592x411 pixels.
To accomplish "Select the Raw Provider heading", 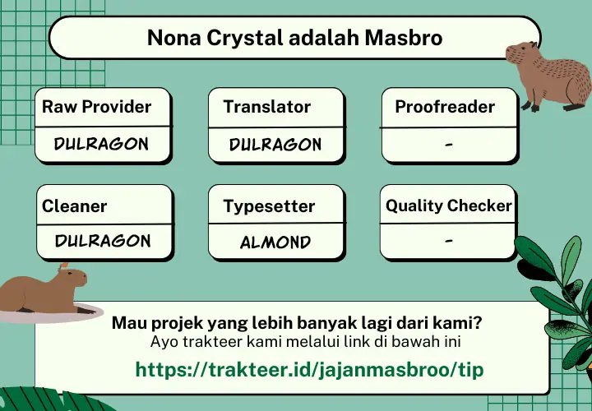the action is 97,106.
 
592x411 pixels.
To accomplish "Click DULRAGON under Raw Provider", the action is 101,144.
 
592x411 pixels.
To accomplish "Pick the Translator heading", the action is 267,106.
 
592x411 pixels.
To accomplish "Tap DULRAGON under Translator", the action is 275,144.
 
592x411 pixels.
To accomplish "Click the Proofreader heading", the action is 445,106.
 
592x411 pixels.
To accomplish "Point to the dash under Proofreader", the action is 449,144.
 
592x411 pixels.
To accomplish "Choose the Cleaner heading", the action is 74,206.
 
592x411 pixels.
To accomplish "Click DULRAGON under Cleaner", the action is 103,241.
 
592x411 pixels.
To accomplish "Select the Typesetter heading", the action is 269,206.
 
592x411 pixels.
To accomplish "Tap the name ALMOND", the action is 275,242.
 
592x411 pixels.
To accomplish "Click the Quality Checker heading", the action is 449,205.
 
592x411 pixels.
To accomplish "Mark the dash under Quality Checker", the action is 449,240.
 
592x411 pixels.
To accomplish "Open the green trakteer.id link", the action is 309,369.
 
